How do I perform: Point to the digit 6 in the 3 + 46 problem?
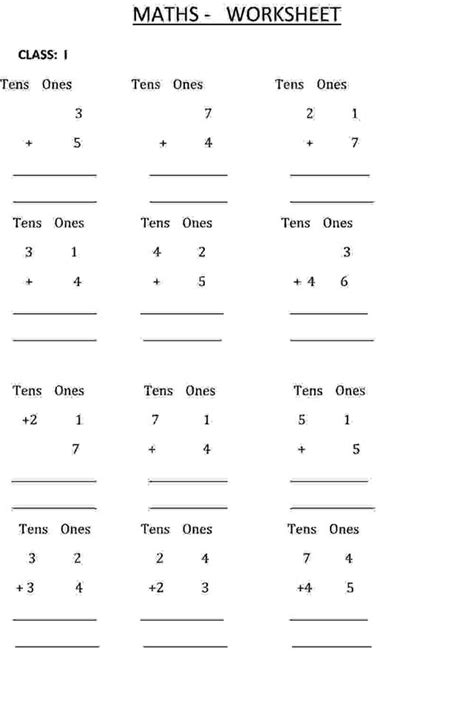(344, 282)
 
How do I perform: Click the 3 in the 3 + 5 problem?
(78, 114)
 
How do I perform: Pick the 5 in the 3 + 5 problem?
(77, 143)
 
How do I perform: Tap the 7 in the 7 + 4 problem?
(208, 114)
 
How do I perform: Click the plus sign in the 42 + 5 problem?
(157, 282)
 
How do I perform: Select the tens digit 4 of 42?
(157, 252)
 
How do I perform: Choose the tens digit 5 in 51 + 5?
(301, 421)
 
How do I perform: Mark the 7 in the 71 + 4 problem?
(156, 421)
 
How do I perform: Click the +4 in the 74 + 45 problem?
(303, 588)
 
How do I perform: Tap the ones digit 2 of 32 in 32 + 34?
(77, 558)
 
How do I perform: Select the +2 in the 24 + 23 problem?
(156, 588)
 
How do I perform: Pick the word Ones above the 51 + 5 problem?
(350, 391)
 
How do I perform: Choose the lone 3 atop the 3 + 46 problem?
(346, 252)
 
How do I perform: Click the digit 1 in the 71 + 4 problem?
(206, 421)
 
